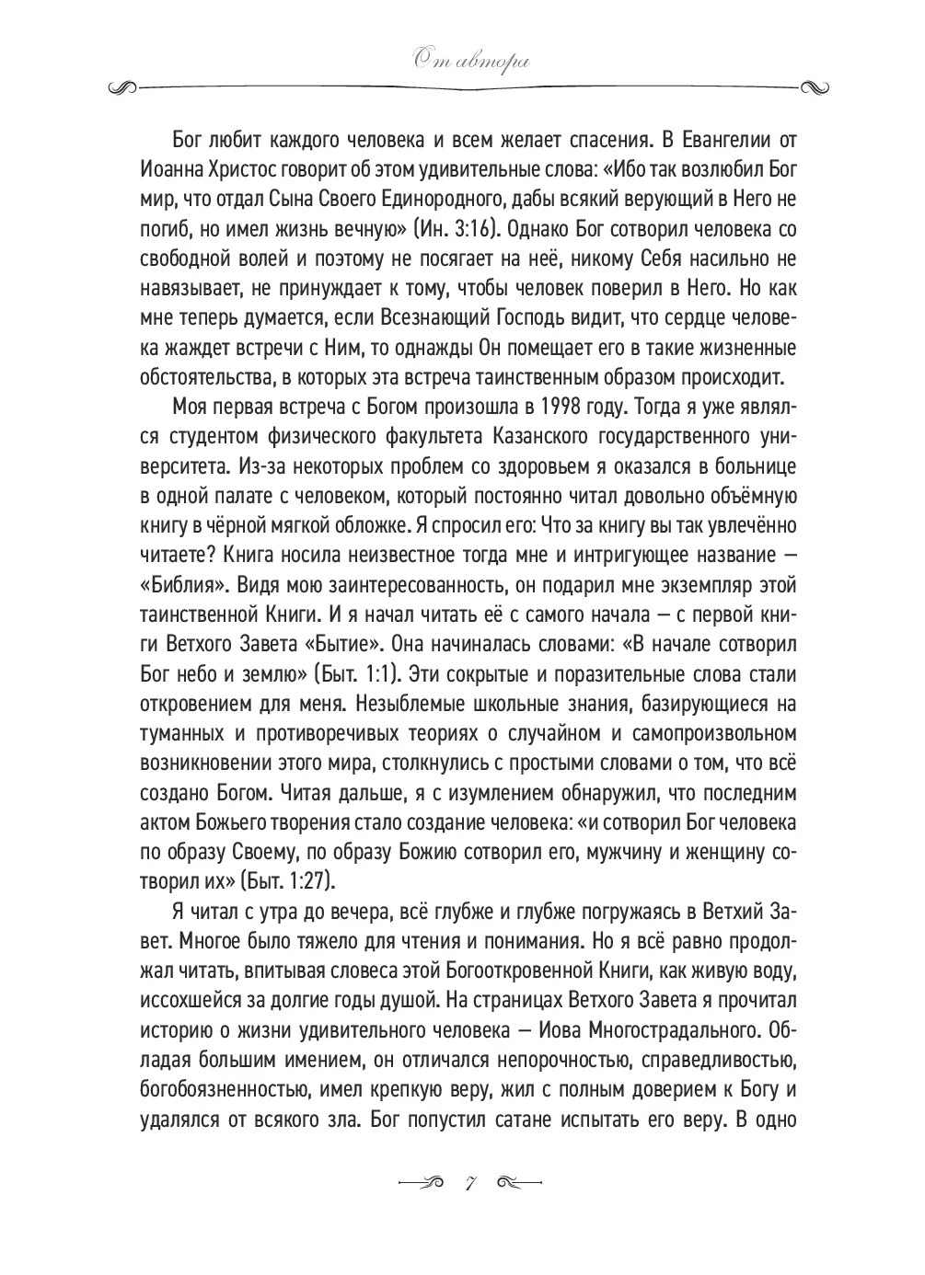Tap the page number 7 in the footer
pos(468,1181)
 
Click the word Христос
pos(241,169)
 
